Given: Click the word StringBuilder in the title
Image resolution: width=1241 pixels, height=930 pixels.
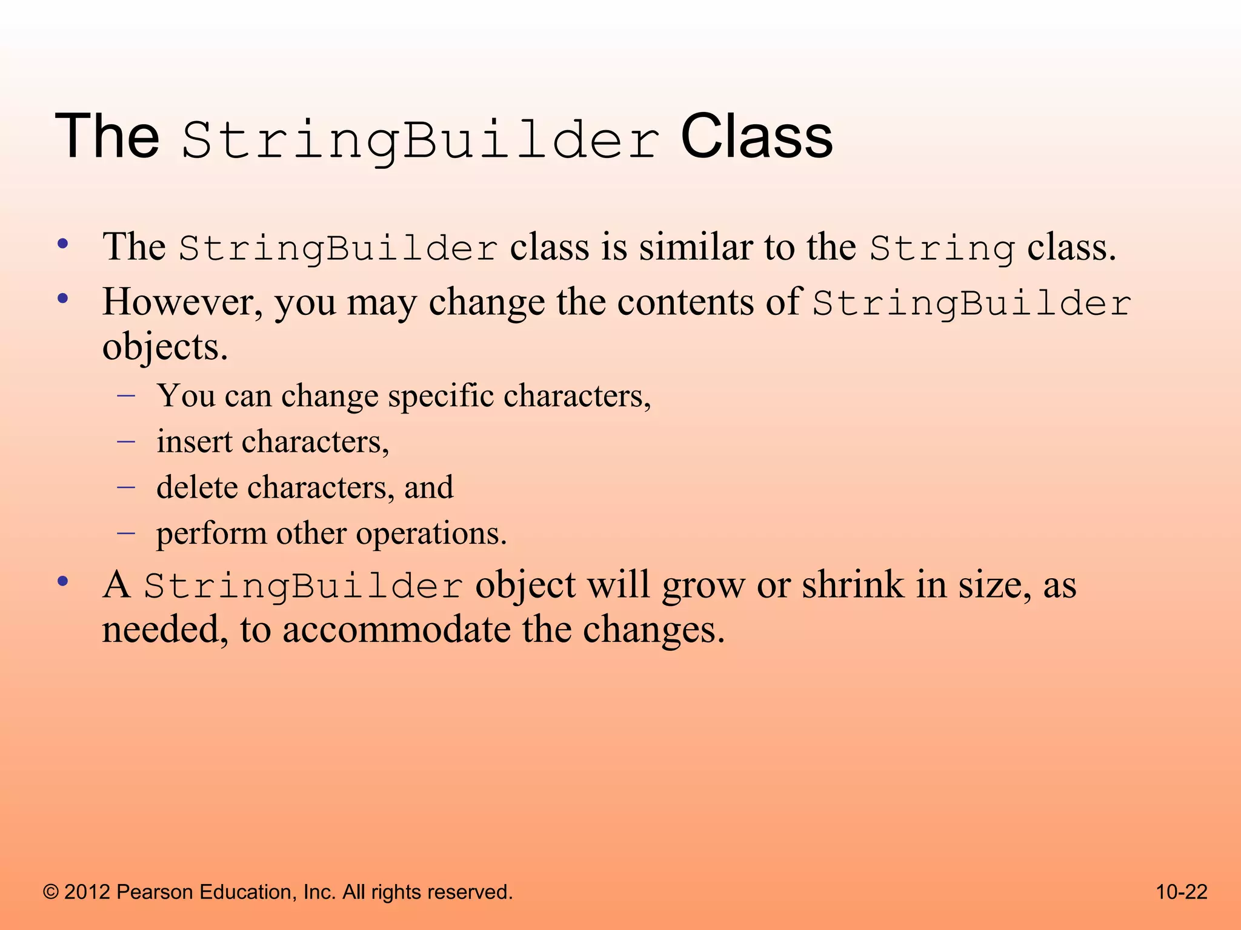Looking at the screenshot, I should coord(420,140).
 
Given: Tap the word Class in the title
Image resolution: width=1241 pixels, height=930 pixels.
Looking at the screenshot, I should coord(756,137).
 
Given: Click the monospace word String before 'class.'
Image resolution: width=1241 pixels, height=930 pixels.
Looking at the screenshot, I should coord(942,249).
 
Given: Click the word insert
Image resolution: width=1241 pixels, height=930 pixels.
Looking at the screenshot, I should coord(194,441).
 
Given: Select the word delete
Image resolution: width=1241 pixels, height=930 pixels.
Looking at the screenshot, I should coord(196,487).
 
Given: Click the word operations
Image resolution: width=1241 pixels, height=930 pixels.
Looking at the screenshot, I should coord(430,534).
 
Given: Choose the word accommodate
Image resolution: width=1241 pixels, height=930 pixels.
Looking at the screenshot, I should coord(396,630).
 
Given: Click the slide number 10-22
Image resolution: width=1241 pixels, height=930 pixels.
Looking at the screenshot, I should coord(1181,892).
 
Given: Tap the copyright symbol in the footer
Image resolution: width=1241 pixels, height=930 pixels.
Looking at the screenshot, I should coord(51,892).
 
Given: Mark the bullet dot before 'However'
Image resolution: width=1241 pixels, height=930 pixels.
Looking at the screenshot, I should coord(62,299).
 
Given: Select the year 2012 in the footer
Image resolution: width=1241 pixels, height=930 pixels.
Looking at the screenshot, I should coord(87,892).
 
